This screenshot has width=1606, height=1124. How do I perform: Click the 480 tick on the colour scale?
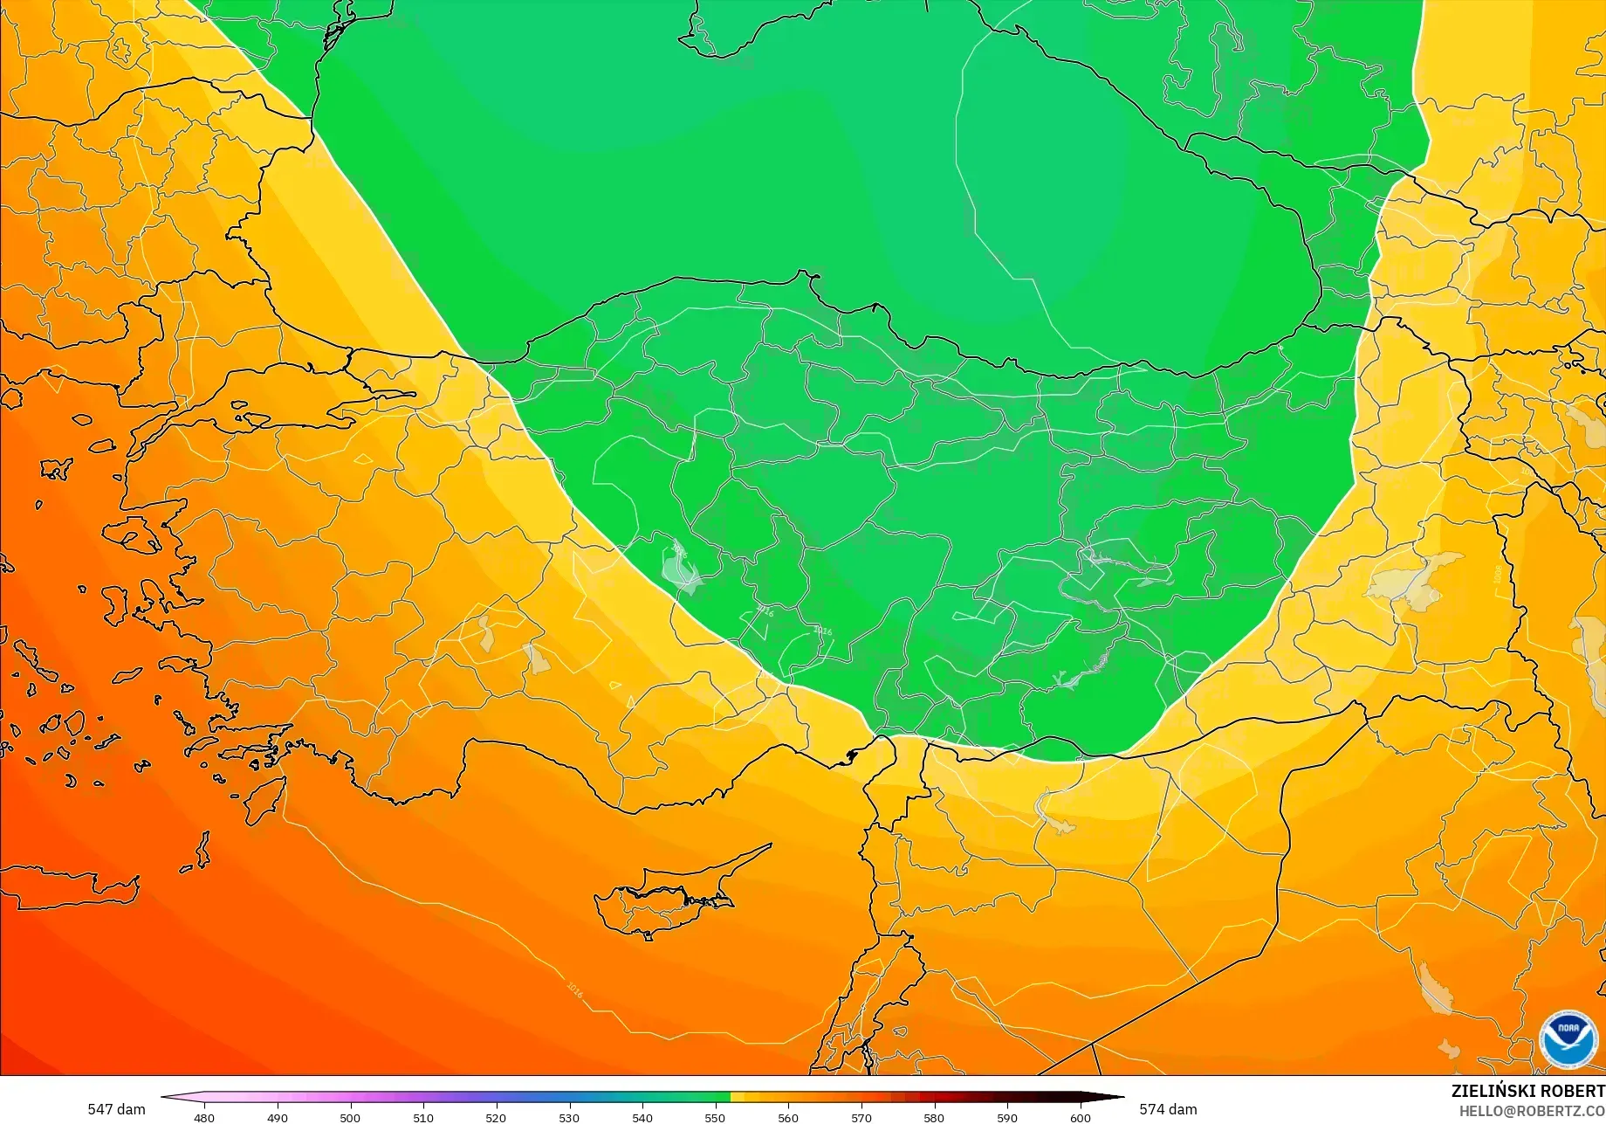coord(203,1117)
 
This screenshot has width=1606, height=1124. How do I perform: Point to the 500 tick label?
coord(350,1117)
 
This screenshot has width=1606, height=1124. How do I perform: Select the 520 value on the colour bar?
coord(496,1117)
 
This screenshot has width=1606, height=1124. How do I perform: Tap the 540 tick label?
coord(642,1117)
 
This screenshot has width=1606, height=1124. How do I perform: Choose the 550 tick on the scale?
coord(715,1117)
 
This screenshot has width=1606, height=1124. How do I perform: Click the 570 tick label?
coord(861,1117)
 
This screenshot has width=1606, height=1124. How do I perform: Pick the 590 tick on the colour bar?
coord(1007,1117)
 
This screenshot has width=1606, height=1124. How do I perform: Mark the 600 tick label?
coord(1081,1117)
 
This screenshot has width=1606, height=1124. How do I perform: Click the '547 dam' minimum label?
coord(116,1109)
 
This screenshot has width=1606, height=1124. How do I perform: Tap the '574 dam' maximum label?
coord(1168,1109)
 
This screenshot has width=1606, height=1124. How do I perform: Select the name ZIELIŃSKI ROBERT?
coord(1527,1091)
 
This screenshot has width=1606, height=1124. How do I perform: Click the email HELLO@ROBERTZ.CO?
coord(1532,1110)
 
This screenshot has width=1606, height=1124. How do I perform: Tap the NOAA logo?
coord(1568,1037)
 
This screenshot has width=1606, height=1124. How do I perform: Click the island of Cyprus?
coord(672,895)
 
